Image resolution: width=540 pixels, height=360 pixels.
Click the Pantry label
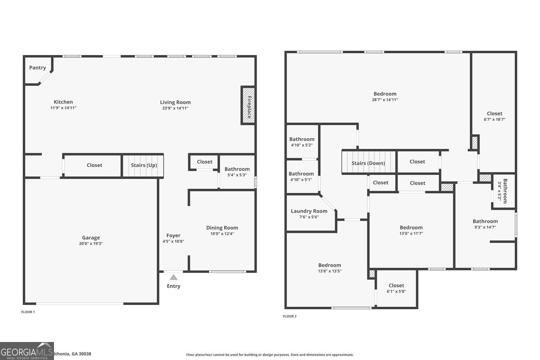(37, 68)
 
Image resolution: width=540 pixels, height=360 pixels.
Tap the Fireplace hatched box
(248, 105)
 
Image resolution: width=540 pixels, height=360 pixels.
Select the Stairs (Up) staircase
(143, 166)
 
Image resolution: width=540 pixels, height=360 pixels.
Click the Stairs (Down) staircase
(368, 163)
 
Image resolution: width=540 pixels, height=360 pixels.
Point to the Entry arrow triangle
(174, 277)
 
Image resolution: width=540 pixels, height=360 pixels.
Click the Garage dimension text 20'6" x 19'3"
(91, 244)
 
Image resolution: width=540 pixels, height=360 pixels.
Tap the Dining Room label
(222, 228)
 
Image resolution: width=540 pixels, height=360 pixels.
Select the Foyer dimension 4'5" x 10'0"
(173, 242)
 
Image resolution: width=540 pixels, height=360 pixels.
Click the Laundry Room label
(309, 211)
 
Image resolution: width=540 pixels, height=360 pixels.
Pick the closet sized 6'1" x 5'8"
(396, 288)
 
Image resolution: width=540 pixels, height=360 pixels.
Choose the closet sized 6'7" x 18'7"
(494, 116)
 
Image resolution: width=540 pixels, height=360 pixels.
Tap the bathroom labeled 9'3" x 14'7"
(485, 224)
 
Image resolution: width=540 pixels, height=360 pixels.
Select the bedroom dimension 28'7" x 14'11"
(385, 100)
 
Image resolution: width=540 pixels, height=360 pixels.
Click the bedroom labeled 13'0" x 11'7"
(411, 230)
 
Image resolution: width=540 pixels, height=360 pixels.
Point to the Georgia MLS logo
(27, 351)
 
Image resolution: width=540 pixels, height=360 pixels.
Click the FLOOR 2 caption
(289, 316)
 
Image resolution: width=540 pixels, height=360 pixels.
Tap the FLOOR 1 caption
(28, 312)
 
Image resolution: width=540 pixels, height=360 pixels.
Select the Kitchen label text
(63, 102)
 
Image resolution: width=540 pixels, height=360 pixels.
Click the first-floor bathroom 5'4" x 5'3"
(237, 172)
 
